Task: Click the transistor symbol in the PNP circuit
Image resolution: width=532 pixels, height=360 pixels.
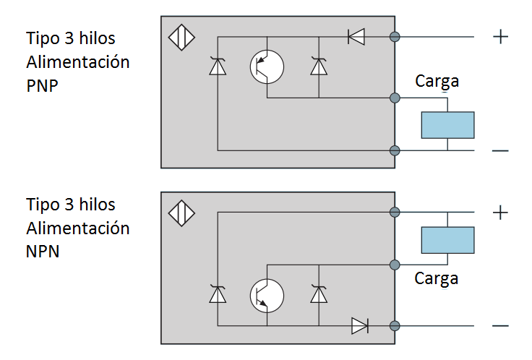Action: coord(267,67)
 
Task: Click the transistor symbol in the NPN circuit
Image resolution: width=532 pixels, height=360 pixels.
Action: coord(267,295)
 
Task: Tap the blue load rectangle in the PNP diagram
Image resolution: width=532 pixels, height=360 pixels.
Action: coord(447,125)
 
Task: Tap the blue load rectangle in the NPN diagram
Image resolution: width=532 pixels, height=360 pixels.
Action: coord(447,239)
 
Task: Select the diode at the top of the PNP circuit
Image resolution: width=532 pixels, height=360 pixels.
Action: coord(356,35)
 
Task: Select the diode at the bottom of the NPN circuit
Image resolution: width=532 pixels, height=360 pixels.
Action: coord(360,326)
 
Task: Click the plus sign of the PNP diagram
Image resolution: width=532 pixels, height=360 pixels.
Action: coord(500,36)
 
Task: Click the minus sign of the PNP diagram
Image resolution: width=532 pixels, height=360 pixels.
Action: coord(500,151)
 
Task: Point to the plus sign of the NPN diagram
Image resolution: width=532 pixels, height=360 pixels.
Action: coord(500,213)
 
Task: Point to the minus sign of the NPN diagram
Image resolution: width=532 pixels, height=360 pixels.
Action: coord(500,327)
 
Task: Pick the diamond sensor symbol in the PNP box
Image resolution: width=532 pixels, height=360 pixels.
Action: coord(181,37)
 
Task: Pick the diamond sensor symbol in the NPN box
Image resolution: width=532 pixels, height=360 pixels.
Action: coord(181,213)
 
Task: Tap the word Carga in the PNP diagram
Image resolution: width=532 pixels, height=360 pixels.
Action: coord(437,81)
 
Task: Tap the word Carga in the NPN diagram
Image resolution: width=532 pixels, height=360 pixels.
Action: coord(437,278)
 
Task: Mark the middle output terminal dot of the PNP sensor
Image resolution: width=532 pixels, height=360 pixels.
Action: coord(395,97)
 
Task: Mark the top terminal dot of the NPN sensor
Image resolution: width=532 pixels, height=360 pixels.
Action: coord(395,212)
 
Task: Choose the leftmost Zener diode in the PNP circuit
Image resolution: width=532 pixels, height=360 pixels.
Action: coord(217,67)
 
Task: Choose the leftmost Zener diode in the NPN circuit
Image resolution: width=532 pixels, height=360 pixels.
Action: coord(217,294)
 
